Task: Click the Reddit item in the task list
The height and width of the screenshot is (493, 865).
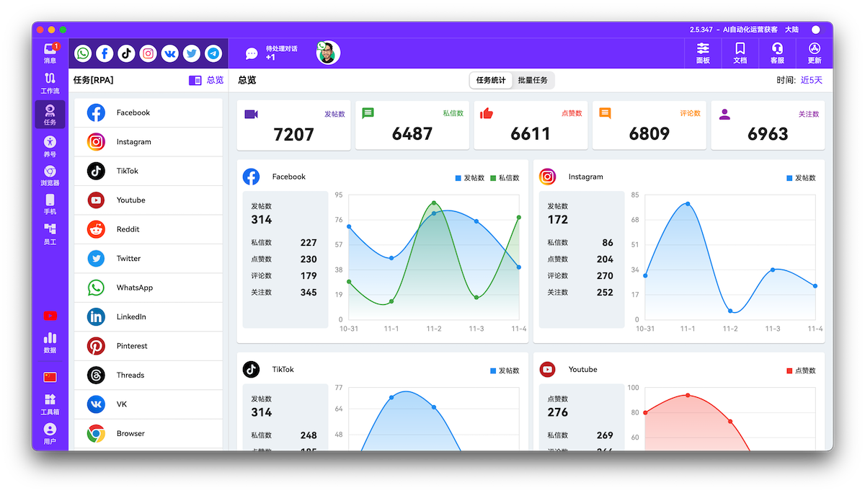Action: tap(128, 229)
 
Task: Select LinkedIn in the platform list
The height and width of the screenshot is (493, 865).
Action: tap(131, 316)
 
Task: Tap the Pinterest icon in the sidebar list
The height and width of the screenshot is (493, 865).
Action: tap(96, 346)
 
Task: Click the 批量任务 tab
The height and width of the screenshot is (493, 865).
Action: tap(533, 80)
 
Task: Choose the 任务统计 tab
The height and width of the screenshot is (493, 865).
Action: tap(491, 80)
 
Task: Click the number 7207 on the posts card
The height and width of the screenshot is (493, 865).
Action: tap(294, 134)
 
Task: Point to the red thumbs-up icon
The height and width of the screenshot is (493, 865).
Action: tap(487, 113)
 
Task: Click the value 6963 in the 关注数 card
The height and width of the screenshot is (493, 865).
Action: tap(768, 134)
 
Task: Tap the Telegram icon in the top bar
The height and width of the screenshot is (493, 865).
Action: tap(213, 53)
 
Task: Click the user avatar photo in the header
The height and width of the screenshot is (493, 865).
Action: tap(328, 53)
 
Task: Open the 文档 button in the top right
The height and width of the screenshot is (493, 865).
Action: tap(740, 53)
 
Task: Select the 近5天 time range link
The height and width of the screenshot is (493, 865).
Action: tap(811, 80)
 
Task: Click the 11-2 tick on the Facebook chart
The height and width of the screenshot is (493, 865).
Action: tap(434, 329)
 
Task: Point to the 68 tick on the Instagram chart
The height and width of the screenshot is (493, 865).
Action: tap(634, 220)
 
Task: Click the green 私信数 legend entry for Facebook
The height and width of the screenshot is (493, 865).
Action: tap(505, 178)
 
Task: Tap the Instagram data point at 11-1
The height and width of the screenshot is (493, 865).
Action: tap(688, 204)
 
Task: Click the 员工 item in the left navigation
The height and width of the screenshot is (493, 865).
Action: tap(50, 234)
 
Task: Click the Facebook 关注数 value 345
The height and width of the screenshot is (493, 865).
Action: tap(309, 293)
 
